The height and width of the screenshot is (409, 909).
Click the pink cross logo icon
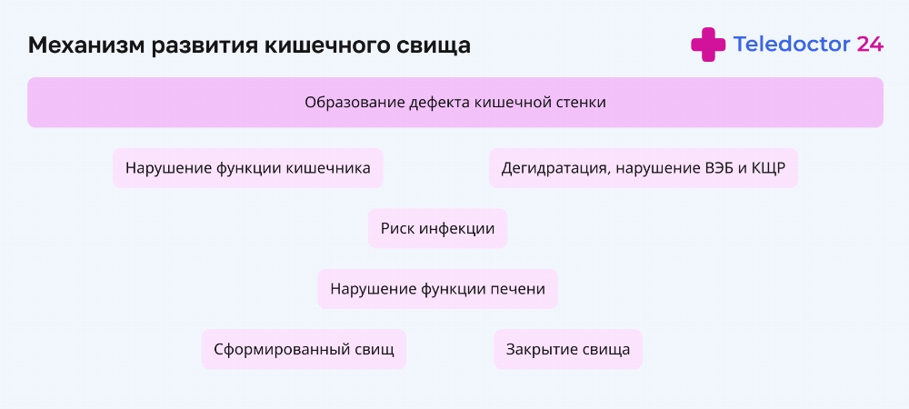(x=708, y=45)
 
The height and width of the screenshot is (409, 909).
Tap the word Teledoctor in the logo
(x=792, y=44)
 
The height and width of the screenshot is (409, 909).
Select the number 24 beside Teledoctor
(x=870, y=44)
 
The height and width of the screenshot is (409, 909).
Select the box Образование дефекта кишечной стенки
(x=455, y=103)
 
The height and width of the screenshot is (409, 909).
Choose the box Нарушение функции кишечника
(x=247, y=168)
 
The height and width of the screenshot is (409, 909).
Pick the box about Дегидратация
(x=644, y=168)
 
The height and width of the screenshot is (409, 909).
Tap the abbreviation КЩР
(x=768, y=168)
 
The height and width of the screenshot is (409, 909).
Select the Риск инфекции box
(x=438, y=228)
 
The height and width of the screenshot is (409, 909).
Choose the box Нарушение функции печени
(x=438, y=288)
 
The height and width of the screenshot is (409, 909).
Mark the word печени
(x=518, y=289)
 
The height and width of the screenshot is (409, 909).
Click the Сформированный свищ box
(x=304, y=349)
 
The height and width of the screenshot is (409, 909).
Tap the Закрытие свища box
(x=568, y=349)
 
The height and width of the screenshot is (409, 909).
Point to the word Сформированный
(x=283, y=350)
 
